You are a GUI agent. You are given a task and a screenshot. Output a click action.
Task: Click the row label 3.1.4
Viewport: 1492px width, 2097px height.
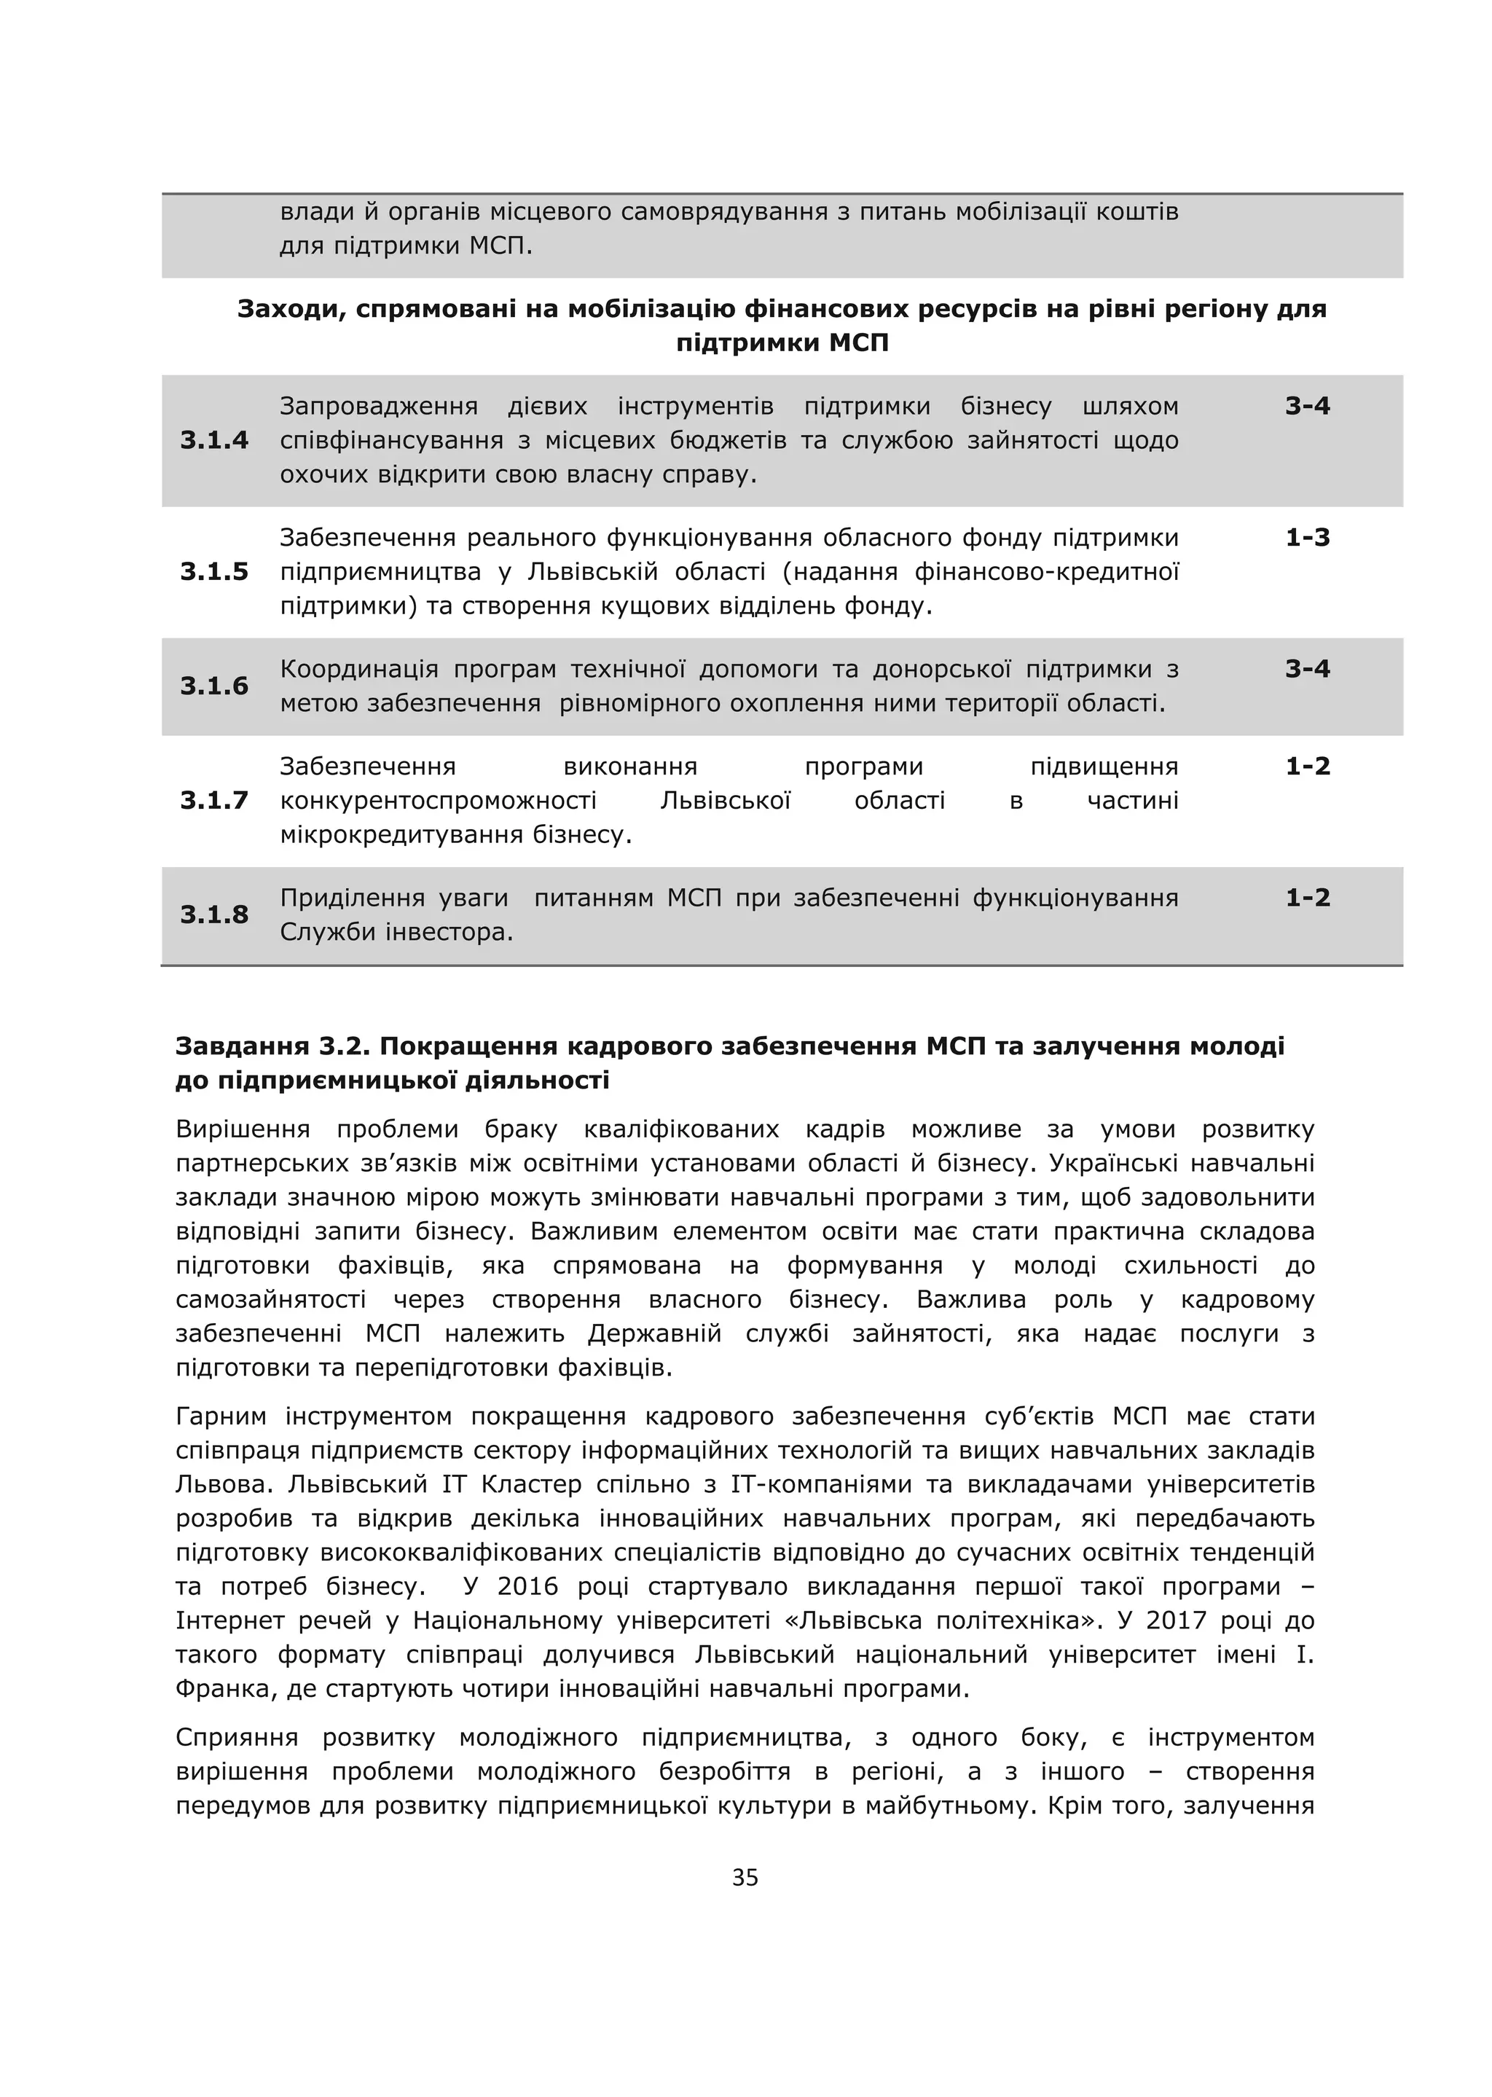coord(214,440)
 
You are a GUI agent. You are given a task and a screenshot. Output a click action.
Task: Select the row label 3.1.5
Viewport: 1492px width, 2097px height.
coord(214,571)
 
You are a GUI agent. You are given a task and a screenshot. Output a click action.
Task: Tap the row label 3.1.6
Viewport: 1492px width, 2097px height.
coord(214,686)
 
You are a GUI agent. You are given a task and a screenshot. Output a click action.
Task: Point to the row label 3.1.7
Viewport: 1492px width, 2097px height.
coord(214,800)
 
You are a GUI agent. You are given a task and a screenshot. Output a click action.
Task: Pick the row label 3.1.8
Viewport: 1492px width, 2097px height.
coord(214,914)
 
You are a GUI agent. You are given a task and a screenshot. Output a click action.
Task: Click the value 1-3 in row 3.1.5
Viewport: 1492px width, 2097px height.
coord(1308,538)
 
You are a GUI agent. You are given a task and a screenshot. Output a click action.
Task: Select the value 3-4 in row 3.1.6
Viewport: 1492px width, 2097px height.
coord(1308,669)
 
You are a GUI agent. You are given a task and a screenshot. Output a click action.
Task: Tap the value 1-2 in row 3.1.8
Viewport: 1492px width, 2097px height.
coord(1308,898)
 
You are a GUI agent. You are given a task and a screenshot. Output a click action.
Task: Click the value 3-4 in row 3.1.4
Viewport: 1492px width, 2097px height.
coord(1308,406)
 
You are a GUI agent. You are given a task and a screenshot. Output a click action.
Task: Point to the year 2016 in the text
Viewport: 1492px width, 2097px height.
coord(527,1587)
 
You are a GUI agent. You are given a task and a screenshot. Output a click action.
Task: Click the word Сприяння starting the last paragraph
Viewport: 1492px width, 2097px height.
coord(237,1738)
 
